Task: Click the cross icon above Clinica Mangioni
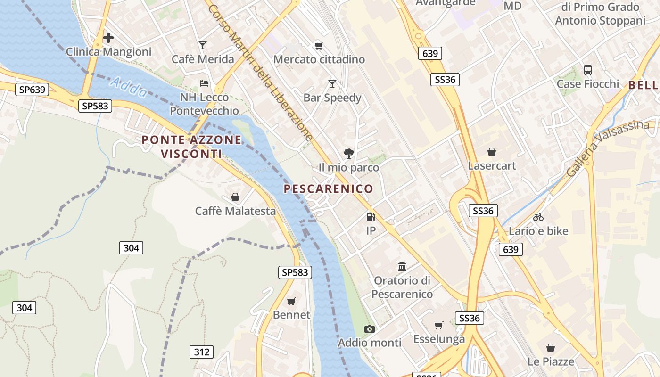pyautogui.click(x=108, y=37)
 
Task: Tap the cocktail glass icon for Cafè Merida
pyautogui.click(x=203, y=45)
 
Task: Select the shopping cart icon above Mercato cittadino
pyautogui.click(x=319, y=46)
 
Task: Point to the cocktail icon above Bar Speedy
pyautogui.click(x=332, y=84)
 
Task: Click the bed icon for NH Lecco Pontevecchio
pyautogui.click(x=204, y=83)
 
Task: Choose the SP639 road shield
pyautogui.click(x=32, y=90)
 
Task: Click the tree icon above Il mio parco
pyautogui.click(x=349, y=153)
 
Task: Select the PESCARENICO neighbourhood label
pyautogui.click(x=328, y=189)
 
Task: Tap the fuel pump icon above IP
pyautogui.click(x=371, y=217)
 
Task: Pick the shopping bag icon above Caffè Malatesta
pyautogui.click(x=235, y=197)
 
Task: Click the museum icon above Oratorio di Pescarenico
pyautogui.click(x=402, y=267)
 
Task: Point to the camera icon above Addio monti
pyautogui.click(x=370, y=329)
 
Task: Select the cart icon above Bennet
pyautogui.click(x=291, y=301)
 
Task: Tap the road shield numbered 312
pyautogui.click(x=201, y=352)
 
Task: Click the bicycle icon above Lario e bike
pyautogui.click(x=538, y=217)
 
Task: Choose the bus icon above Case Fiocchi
pyautogui.click(x=588, y=70)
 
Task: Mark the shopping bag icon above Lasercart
pyautogui.click(x=492, y=152)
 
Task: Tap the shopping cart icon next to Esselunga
pyautogui.click(x=439, y=325)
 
